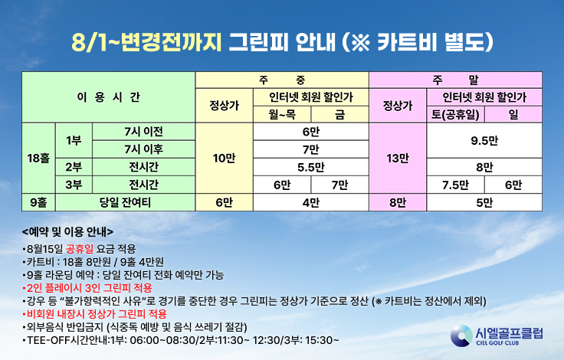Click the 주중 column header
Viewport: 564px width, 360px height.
tap(282, 80)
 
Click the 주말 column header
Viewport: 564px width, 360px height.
tap(455, 80)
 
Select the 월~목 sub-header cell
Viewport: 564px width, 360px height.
tap(282, 114)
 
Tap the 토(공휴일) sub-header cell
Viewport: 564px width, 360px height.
tap(455, 114)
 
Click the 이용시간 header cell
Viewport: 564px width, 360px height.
tap(108, 97)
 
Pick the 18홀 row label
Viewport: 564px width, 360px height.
tap(38, 159)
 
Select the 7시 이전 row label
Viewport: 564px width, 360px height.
tap(143, 132)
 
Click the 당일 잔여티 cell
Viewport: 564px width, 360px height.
tap(125, 202)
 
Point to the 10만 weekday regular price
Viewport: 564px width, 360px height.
tap(224, 159)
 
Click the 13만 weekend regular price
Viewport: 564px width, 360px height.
tap(398, 159)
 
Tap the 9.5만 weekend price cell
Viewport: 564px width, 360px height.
tap(484, 141)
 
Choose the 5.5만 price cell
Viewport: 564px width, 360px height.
tap(311, 167)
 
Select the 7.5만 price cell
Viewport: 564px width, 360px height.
tap(455, 185)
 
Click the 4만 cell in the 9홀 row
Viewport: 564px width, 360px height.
tap(311, 202)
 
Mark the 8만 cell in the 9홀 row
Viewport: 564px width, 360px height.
tap(398, 202)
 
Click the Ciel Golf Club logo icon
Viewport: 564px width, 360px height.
tap(461, 336)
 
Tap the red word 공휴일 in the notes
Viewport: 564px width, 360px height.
tap(80, 249)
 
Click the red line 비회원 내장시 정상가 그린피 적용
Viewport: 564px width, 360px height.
tap(94, 314)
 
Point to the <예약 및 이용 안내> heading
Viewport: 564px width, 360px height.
tap(67, 232)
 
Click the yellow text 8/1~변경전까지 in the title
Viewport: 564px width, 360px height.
tap(146, 43)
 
